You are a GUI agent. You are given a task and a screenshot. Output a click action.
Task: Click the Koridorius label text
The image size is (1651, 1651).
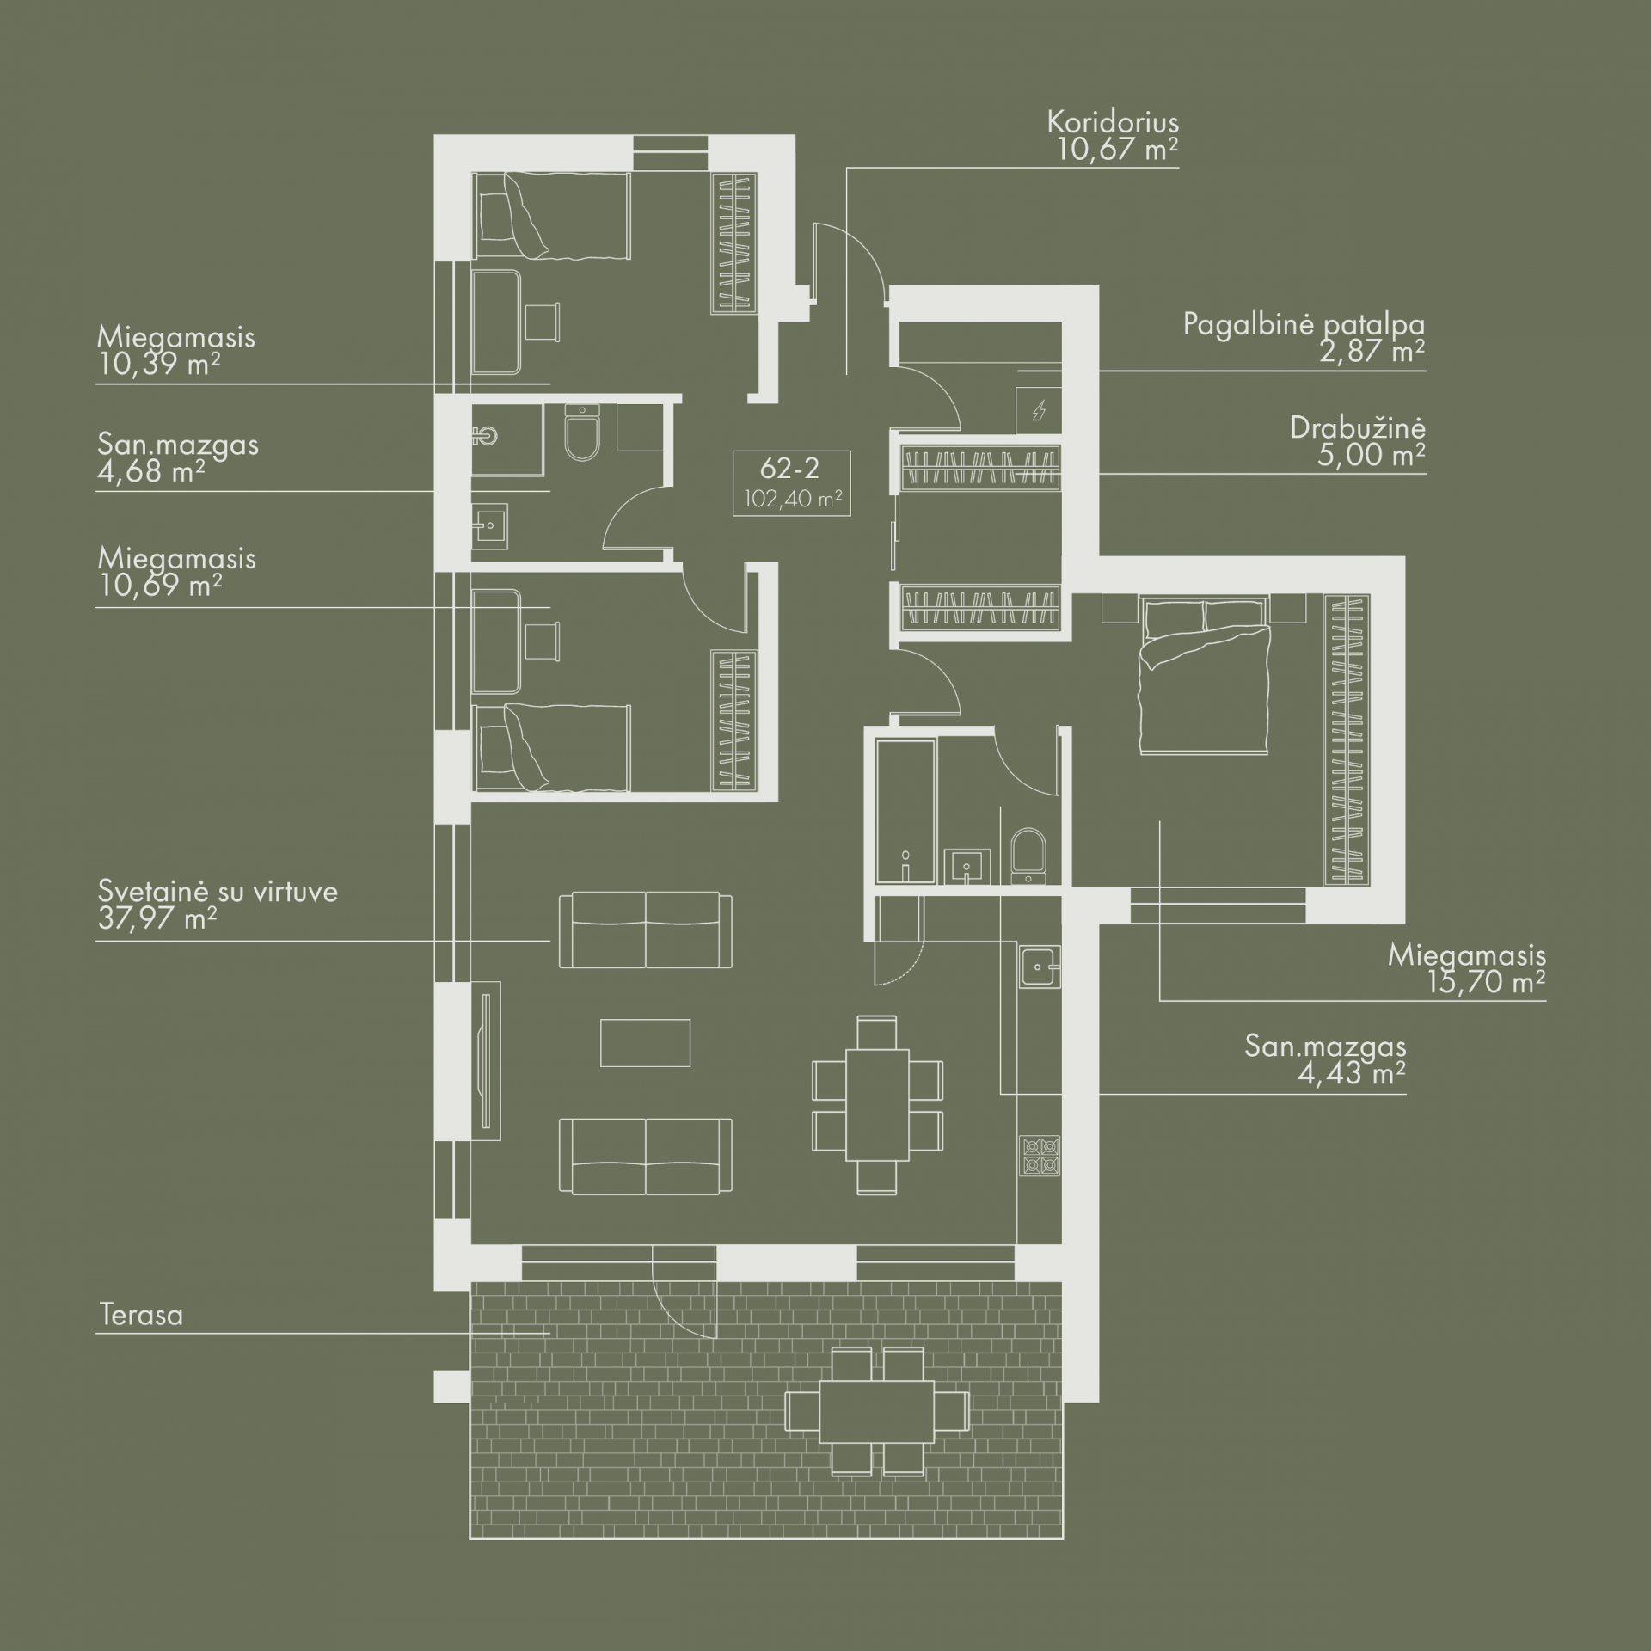[1113, 122]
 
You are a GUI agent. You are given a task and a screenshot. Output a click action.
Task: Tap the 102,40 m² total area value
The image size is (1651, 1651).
[792, 499]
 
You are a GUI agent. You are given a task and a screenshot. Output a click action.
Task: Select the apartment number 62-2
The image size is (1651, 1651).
[790, 469]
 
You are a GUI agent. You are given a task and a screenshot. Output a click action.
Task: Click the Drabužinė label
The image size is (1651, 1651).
[1358, 428]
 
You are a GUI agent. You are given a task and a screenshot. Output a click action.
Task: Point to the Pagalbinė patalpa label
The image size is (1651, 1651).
[1304, 325]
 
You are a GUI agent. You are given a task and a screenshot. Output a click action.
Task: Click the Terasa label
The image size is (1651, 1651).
[141, 1315]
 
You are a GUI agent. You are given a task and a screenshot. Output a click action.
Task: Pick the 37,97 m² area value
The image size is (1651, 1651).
[157, 919]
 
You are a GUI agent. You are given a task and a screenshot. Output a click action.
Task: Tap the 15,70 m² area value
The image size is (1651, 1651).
[1487, 982]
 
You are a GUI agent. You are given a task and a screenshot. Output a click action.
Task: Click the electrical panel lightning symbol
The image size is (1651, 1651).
[1039, 411]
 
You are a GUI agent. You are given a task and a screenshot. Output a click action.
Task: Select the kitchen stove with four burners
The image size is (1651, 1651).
[1040, 1156]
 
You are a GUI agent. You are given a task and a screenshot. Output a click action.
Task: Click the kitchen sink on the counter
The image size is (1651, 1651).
[1040, 967]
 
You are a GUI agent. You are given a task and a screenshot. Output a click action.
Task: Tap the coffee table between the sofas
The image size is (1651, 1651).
[645, 1042]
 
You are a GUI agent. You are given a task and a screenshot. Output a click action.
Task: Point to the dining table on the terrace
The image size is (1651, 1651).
[877, 1423]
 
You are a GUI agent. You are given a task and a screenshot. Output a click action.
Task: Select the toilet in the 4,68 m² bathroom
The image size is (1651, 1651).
[583, 435]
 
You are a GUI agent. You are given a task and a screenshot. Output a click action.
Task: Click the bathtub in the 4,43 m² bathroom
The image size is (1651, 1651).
[905, 812]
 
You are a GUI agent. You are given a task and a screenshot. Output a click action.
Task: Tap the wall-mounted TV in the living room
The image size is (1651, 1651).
[487, 1059]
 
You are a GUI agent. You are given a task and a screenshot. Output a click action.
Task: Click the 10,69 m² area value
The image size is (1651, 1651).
[160, 586]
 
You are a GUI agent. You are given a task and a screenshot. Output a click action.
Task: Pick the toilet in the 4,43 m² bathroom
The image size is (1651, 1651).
[1028, 855]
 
